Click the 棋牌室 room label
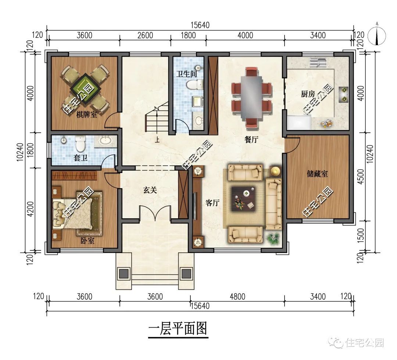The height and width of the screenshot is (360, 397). coord(86,115)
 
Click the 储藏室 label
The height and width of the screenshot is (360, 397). coord(317,174)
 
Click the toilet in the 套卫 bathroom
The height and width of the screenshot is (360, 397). coord(80,144)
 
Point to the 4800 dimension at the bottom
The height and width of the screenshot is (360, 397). coord(237,296)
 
